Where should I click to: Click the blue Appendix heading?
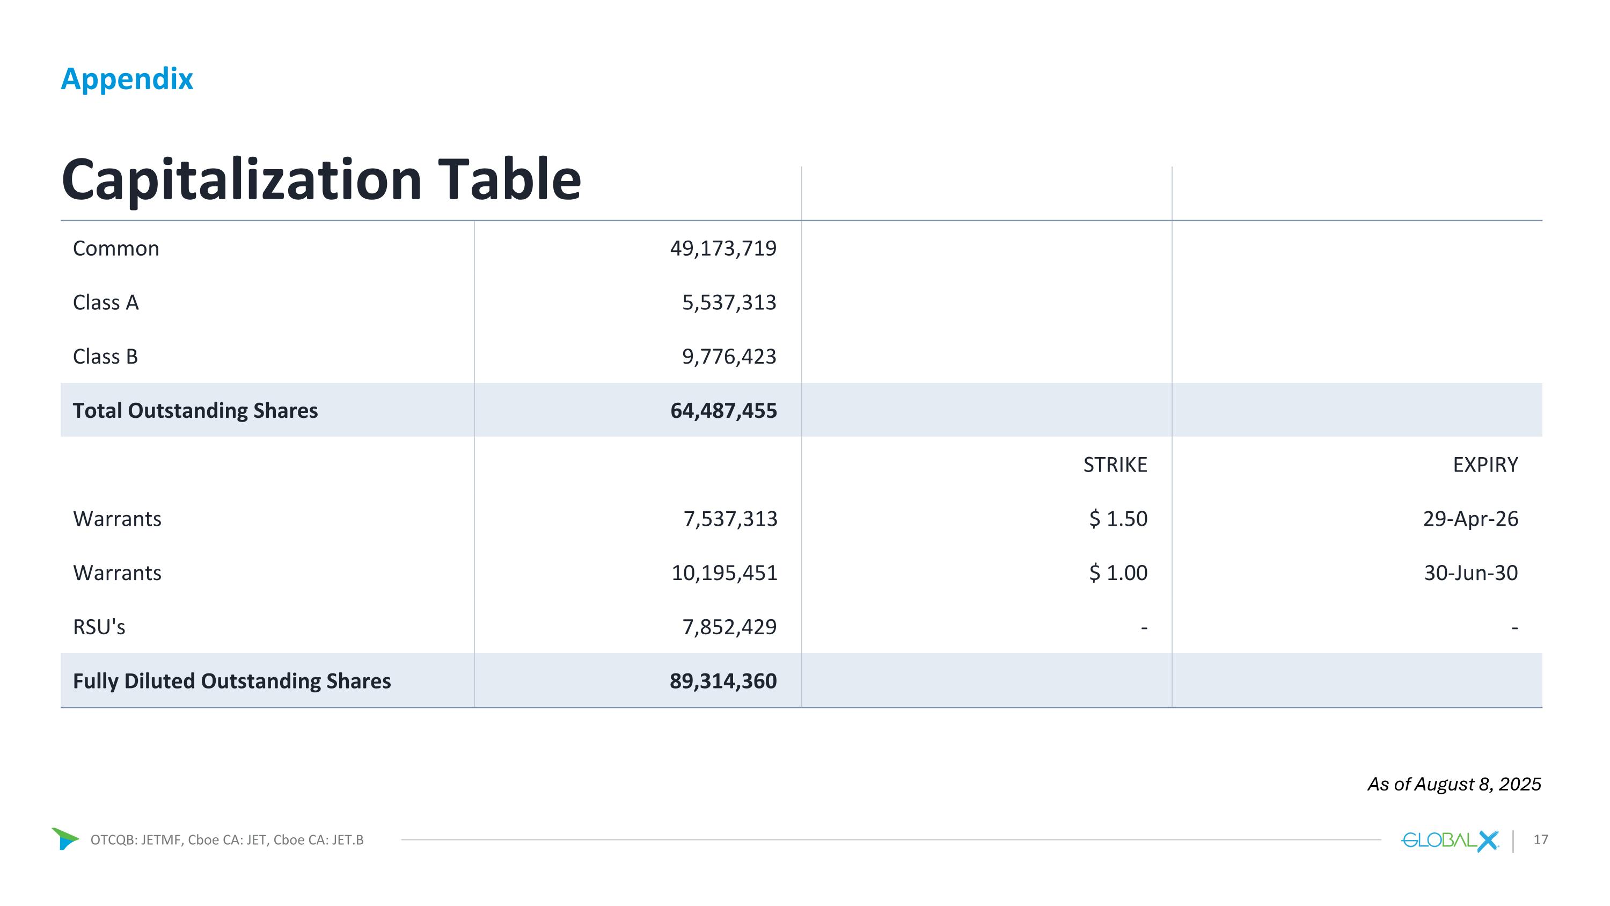(127, 79)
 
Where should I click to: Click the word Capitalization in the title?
(242, 180)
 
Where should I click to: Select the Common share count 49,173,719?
(723, 248)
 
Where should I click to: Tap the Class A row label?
(106, 302)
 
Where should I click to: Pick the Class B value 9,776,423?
(729, 357)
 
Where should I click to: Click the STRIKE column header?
(1115, 465)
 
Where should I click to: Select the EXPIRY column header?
(1485, 465)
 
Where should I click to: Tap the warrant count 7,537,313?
(730, 518)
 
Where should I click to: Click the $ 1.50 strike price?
(1118, 518)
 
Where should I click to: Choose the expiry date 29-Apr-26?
(1470, 518)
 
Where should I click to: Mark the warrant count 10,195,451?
(724, 572)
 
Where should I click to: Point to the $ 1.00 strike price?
(1118, 572)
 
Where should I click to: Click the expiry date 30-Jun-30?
(1470, 572)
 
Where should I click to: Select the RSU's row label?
(99, 627)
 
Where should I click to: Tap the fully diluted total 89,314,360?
(723, 681)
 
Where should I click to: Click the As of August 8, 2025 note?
(1454, 784)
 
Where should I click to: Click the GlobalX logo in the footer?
(1450, 840)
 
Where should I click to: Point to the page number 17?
(1541, 840)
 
